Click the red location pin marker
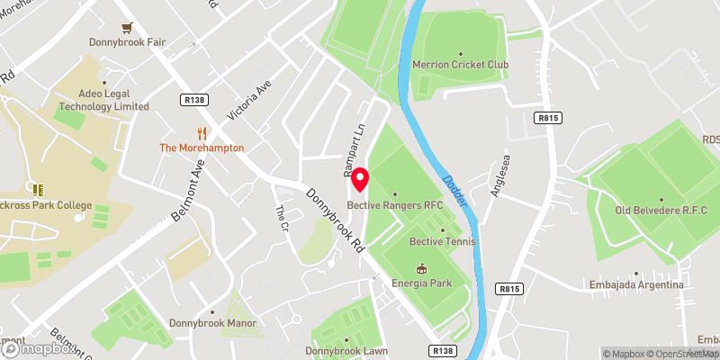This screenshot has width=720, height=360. pyautogui.click(x=359, y=180)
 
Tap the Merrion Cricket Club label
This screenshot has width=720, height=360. pyautogui.click(x=460, y=65)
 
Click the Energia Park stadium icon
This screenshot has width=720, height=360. pyautogui.click(x=422, y=268)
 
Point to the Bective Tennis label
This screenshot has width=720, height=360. pyautogui.click(x=442, y=242)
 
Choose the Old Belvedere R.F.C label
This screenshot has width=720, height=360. pyautogui.click(x=661, y=211)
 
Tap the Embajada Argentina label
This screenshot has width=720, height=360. pyautogui.click(x=637, y=285)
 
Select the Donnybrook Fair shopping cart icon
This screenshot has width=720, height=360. pyautogui.click(x=127, y=27)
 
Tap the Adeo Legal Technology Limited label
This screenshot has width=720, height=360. pyautogui.click(x=103, y=100)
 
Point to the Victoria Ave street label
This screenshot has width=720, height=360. pyautogui.click(x=249, y=99)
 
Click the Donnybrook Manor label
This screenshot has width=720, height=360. pyautogui.click(x=213, y=323)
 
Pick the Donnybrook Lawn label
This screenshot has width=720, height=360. pyautogui.click(x=346, y=350)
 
